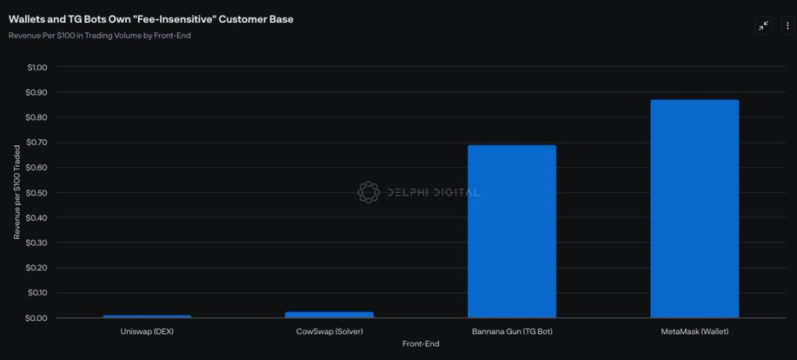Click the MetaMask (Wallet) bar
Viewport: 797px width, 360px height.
point(694,209)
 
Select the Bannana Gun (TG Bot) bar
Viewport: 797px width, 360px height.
point(511,232)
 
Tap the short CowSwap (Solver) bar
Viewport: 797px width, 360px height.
point(329,315)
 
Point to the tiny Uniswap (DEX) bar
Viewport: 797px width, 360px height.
point(147,316)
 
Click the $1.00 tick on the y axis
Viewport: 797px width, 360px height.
point(37,67)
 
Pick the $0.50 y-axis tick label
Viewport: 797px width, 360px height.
point(37,193)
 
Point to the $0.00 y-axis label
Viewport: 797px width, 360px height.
point(37,318)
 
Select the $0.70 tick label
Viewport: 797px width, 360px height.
point(37,142)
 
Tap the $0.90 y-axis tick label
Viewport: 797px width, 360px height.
point(37,92)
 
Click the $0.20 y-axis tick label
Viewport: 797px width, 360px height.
point(37,268)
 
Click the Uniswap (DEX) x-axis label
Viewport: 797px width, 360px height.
point(147,332)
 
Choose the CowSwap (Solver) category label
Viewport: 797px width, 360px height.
point(329,332)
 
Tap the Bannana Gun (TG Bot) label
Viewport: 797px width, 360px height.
point(511,332)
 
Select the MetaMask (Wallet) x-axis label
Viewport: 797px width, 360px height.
point(694,332)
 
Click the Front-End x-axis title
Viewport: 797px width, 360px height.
point(421,344)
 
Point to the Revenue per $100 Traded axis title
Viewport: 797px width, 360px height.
point(17,192)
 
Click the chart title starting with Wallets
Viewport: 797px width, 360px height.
point(151,19)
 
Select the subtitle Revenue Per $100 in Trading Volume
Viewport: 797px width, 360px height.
point(100,35)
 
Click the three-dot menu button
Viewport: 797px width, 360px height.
point(787,26)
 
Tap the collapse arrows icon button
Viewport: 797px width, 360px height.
point(764,26)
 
